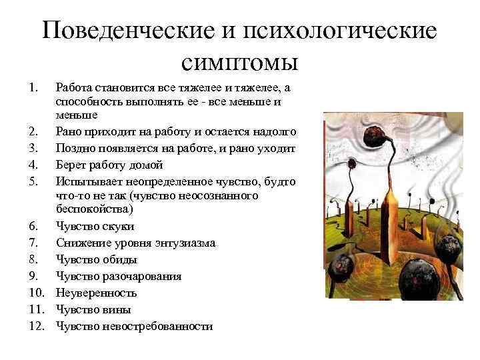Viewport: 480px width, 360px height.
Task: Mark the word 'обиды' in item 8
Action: pos(120,259)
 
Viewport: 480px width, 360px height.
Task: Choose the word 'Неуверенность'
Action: pos(97,293)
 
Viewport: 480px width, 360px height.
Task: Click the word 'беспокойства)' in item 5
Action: pos(95,209)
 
